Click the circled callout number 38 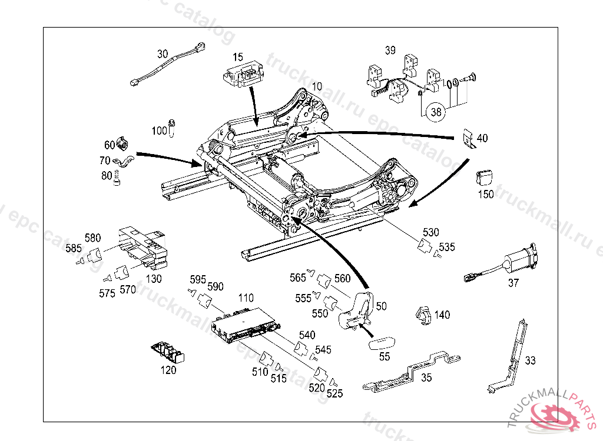point(435,112)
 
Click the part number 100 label point(160,131)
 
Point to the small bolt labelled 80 point(117,176)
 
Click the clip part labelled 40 point(468,139)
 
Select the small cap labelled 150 point(484,177)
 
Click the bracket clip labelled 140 point(423,315)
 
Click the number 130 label point(154,279)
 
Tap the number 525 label point(334,393)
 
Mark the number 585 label point(74,249)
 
